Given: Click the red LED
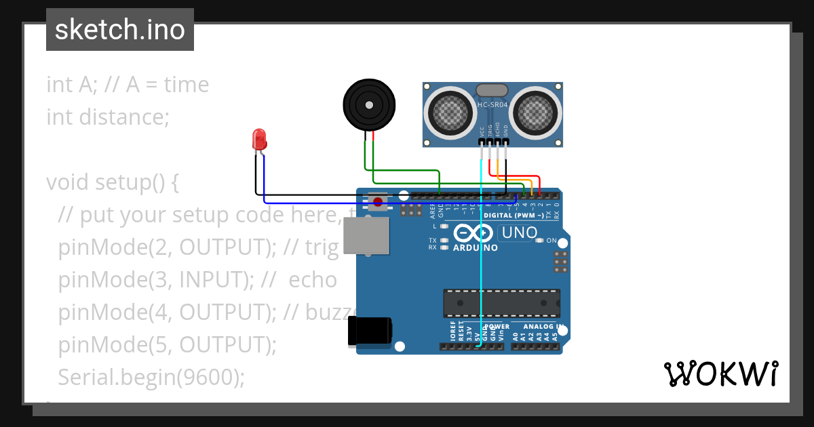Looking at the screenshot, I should click(x=259, y=140).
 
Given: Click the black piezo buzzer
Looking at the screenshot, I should click(x=368, y=105).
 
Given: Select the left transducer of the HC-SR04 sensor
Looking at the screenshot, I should click(x=451, y=110).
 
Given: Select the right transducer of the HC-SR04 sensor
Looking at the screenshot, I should click(x=535, y=110).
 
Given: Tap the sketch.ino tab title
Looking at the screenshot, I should click(x=120, y=30).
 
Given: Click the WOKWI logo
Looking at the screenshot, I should click(x=720, y=373).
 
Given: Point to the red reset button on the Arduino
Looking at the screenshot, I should click(x=378, y=201).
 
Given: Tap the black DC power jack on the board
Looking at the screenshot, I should click(x=370, y=331).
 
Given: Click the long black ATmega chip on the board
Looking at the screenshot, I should click(x=502, y=303).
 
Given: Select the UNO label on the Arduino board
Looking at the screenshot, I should click(x=518, y=233).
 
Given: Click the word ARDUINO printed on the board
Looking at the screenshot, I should click(x=475, y=248).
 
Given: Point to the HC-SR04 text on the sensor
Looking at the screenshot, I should click(x=492, y=104).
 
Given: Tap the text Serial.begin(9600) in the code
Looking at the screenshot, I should click(x=151, y=377).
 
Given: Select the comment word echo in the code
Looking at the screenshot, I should click(x=313, y=280).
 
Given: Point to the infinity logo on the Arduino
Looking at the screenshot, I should click(x=473, y=233).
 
